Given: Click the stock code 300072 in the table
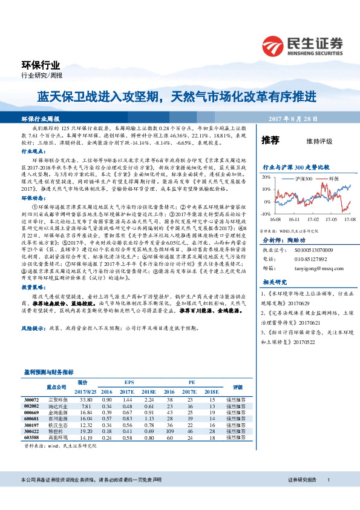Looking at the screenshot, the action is click(31, 400).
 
